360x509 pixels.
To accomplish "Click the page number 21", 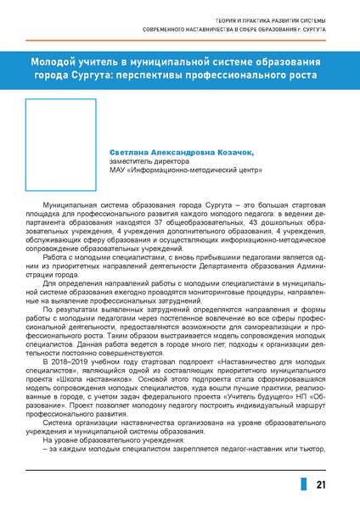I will pos(321,484).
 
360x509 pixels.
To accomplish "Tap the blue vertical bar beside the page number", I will pos(302,484).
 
